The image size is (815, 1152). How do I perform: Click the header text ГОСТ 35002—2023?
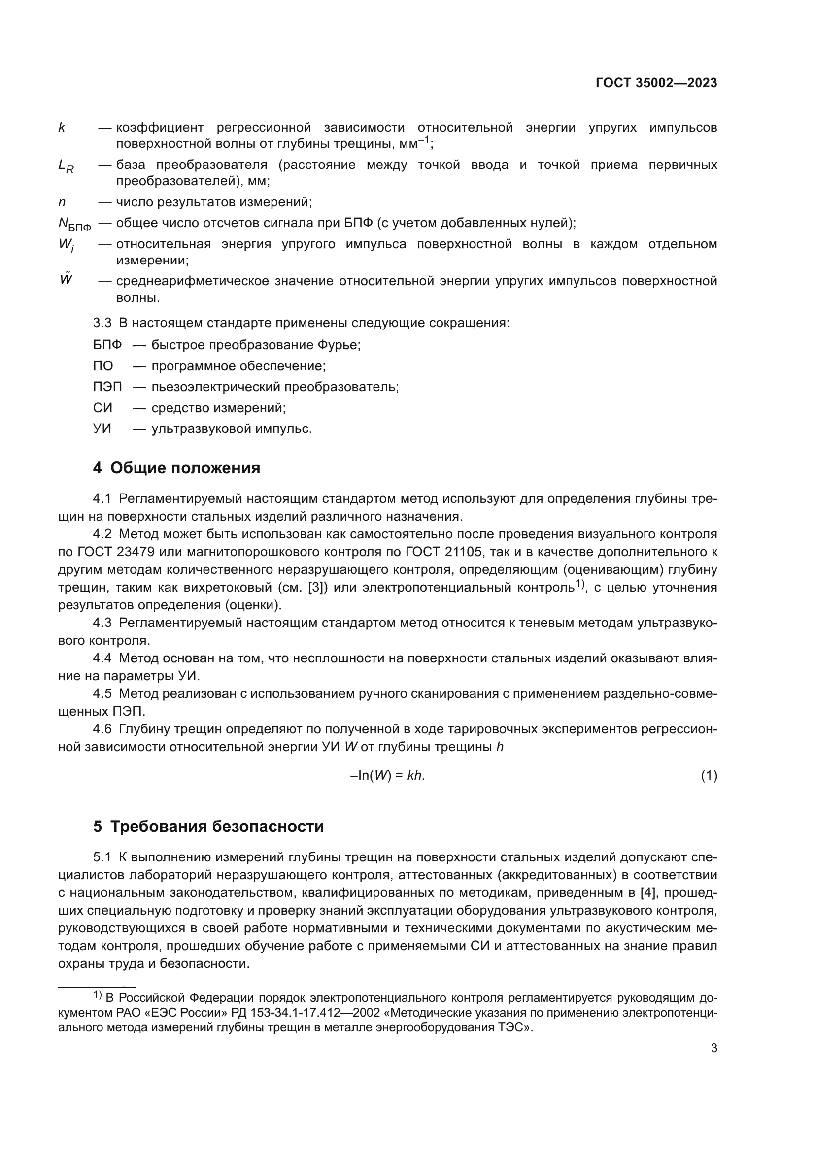(656, 83)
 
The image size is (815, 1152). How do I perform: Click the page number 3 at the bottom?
(713, 1048)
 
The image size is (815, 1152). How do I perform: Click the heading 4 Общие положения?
(177, 468)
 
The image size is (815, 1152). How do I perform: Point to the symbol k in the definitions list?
(62, 128)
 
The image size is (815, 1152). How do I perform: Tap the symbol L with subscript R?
(66, 166)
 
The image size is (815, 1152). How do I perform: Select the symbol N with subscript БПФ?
(75, 224)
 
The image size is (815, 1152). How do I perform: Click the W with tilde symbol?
(66, 279)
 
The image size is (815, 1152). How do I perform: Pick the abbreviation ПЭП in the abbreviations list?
(107, 387)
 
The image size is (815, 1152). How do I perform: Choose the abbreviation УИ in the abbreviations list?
(102, 429)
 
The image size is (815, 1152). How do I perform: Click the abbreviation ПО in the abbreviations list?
(103, 366)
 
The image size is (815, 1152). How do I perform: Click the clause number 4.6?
(102, 729)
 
